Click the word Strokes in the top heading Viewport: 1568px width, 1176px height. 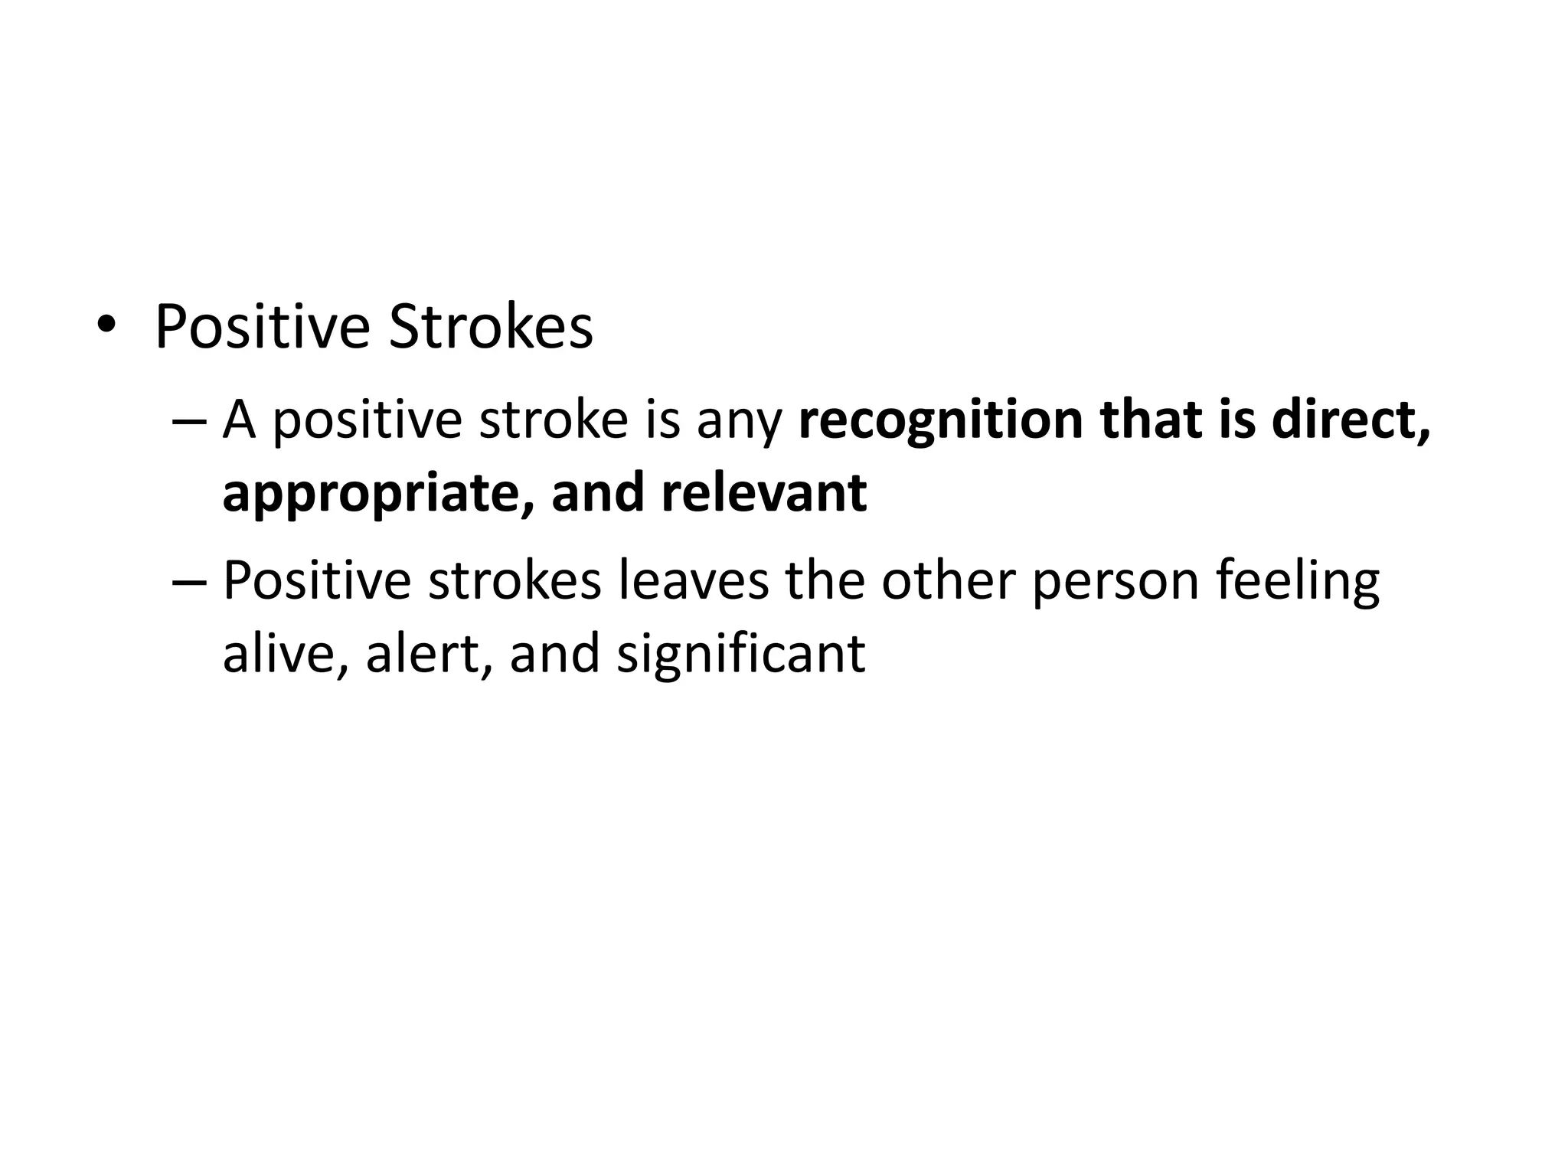(491, 328)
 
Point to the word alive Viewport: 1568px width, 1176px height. (280, 655)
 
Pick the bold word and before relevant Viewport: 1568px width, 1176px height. (598, 493)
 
